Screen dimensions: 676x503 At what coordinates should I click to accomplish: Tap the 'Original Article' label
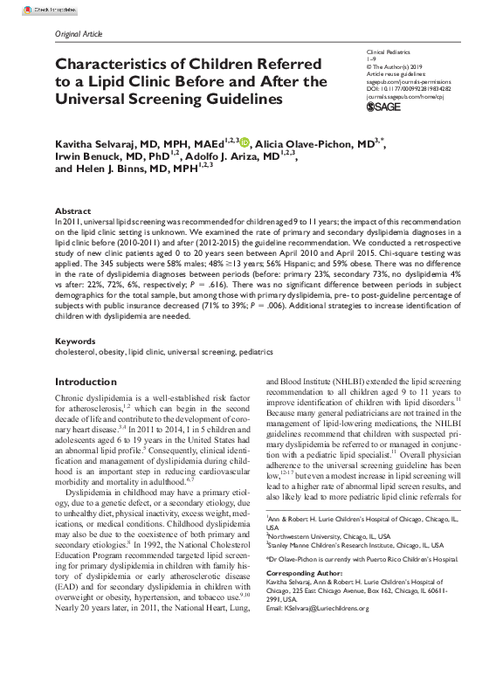click(x=79, y=33)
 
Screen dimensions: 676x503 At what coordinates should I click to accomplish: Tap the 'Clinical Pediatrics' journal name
click(x=389, y=54)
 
